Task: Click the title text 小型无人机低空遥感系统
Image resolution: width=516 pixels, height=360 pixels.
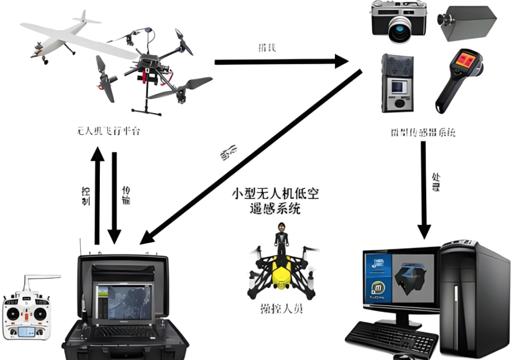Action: (x=275, y=201)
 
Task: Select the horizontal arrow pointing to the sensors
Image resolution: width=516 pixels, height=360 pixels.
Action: (x=282, y=62)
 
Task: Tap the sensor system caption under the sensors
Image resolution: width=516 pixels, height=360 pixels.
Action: (x=423, y=131)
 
